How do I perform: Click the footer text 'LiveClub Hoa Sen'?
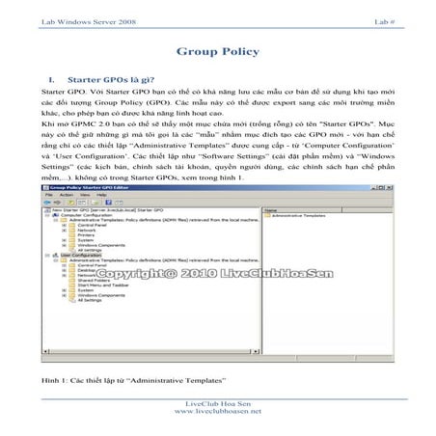pos(217,402)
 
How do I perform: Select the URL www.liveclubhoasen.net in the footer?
pos(217,412)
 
